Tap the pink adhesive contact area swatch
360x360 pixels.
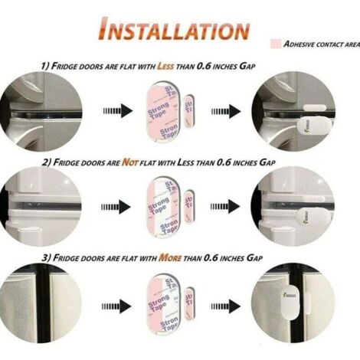tap(276, 44)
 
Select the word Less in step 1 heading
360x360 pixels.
tap(167, 67)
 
